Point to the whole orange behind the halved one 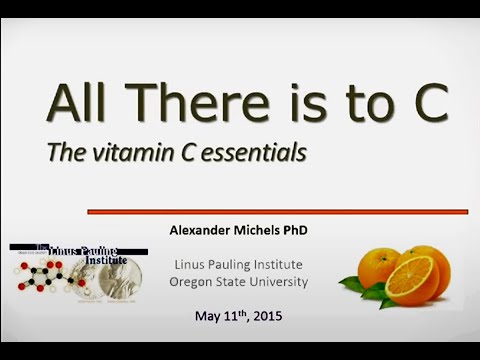(x=380, y=267)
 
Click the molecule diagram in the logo (x=44, y=279)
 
